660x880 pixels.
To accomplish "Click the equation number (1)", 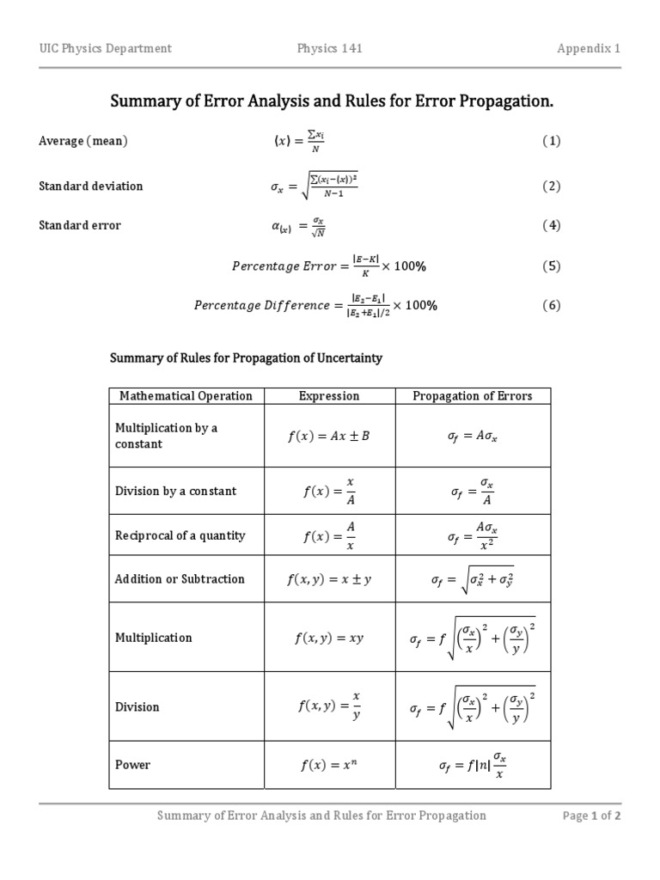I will pos(551,141).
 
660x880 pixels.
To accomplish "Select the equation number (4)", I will pos(551,226).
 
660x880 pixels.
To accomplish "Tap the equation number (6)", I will pos(551,305).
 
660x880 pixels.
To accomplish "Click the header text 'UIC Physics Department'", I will pos(105,48).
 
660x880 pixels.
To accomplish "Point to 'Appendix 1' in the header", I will pos(589,48).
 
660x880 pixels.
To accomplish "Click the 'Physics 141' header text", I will pos(329,48).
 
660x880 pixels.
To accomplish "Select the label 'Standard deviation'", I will pos(91,186).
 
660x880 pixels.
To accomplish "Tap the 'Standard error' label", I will pos(80,225).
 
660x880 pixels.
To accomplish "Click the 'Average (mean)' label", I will pos(83,141).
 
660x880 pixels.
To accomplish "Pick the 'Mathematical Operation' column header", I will pos(186,396).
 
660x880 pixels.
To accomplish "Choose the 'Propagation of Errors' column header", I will pos(473,396).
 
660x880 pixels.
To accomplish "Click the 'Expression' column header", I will pos(329,396).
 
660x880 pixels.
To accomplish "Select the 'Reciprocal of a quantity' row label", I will pos(180,535).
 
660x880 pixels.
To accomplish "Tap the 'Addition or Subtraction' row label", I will pos(180,579).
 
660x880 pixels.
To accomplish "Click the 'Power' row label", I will pos(132,765).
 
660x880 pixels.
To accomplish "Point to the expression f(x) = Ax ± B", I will pos(328,436).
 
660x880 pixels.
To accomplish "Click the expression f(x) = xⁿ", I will pos(328,765).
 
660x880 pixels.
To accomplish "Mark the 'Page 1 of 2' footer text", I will pos(591,816).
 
